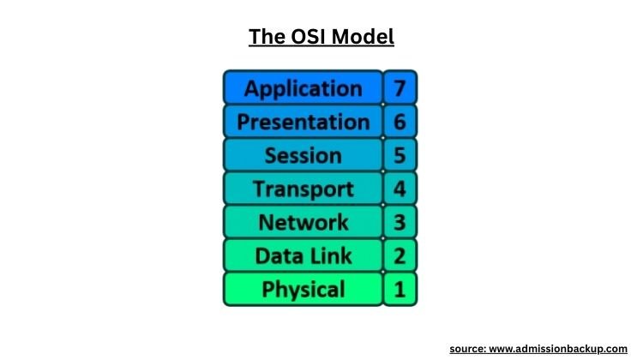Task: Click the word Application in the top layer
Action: coord(303,88)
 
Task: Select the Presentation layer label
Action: coord(303,122)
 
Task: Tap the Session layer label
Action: coord(303,156)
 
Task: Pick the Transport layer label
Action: coord(303,189)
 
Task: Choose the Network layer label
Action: coord(303,222)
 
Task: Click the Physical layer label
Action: coord(303,289)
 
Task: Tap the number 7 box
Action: coord(399,88)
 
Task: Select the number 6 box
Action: coord(399,122)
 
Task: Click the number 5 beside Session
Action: coord(399,156)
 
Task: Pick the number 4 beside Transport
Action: coord(399,189)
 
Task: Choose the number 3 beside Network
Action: coord(399,222)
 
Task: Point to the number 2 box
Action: coord(399,255)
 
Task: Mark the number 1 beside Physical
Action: coord(399,289)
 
